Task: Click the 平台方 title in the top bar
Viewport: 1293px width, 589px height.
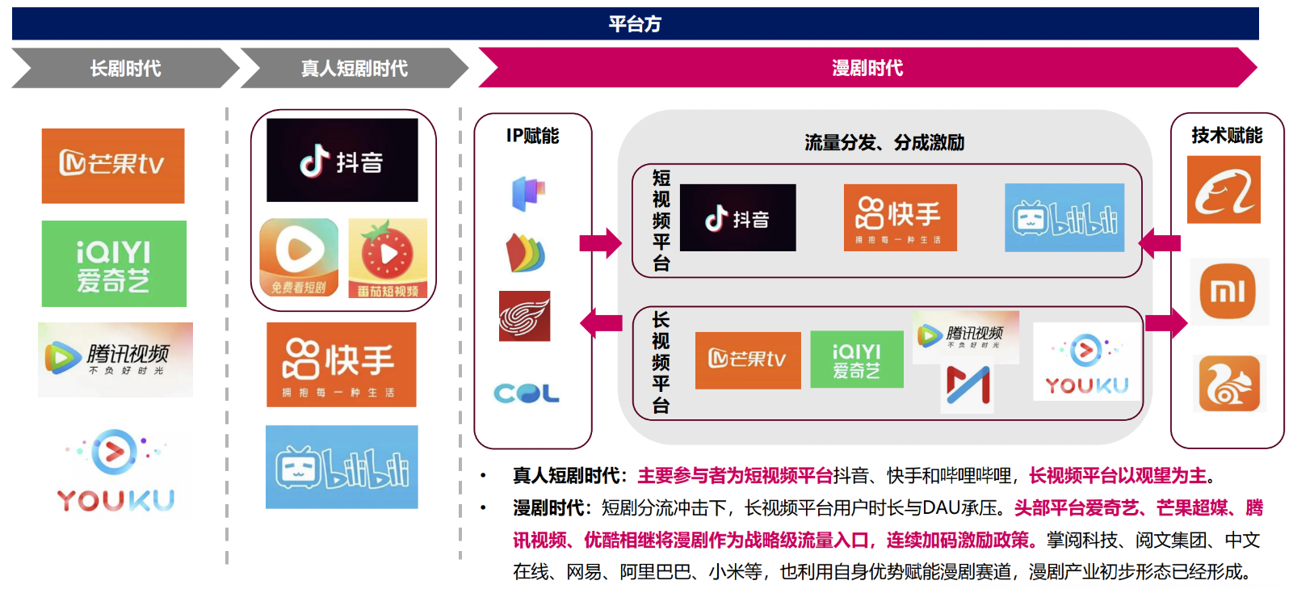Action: tap(635, 24)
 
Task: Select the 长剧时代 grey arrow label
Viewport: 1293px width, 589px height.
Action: tap(125, 69)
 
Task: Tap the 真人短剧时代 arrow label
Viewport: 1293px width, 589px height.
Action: tap(354, 69)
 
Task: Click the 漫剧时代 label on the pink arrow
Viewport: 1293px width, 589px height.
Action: tap(867, 68)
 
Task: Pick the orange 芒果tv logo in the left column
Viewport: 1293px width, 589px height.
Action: tap(113, 166)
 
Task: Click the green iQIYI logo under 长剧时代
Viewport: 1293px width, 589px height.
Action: tap(114, 263)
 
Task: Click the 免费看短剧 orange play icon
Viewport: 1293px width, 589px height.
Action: tap(299, 258)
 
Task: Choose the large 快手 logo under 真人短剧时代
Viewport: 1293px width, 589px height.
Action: tap(341, 364)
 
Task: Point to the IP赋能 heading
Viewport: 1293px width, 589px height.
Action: tap(532, 136)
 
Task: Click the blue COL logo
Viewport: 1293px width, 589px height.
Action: tap(527, 393)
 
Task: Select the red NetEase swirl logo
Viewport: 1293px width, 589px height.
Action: tap(524, 316)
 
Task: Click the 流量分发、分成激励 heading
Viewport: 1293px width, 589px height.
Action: tap(884, 143)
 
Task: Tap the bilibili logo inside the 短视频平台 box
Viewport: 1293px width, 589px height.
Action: tap(1064, 218)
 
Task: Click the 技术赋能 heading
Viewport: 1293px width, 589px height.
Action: tap(1226, 136)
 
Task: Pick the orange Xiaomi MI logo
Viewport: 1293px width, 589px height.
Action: tap(1228, 291)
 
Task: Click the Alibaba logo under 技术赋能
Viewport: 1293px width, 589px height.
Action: tap(1224, 190)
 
